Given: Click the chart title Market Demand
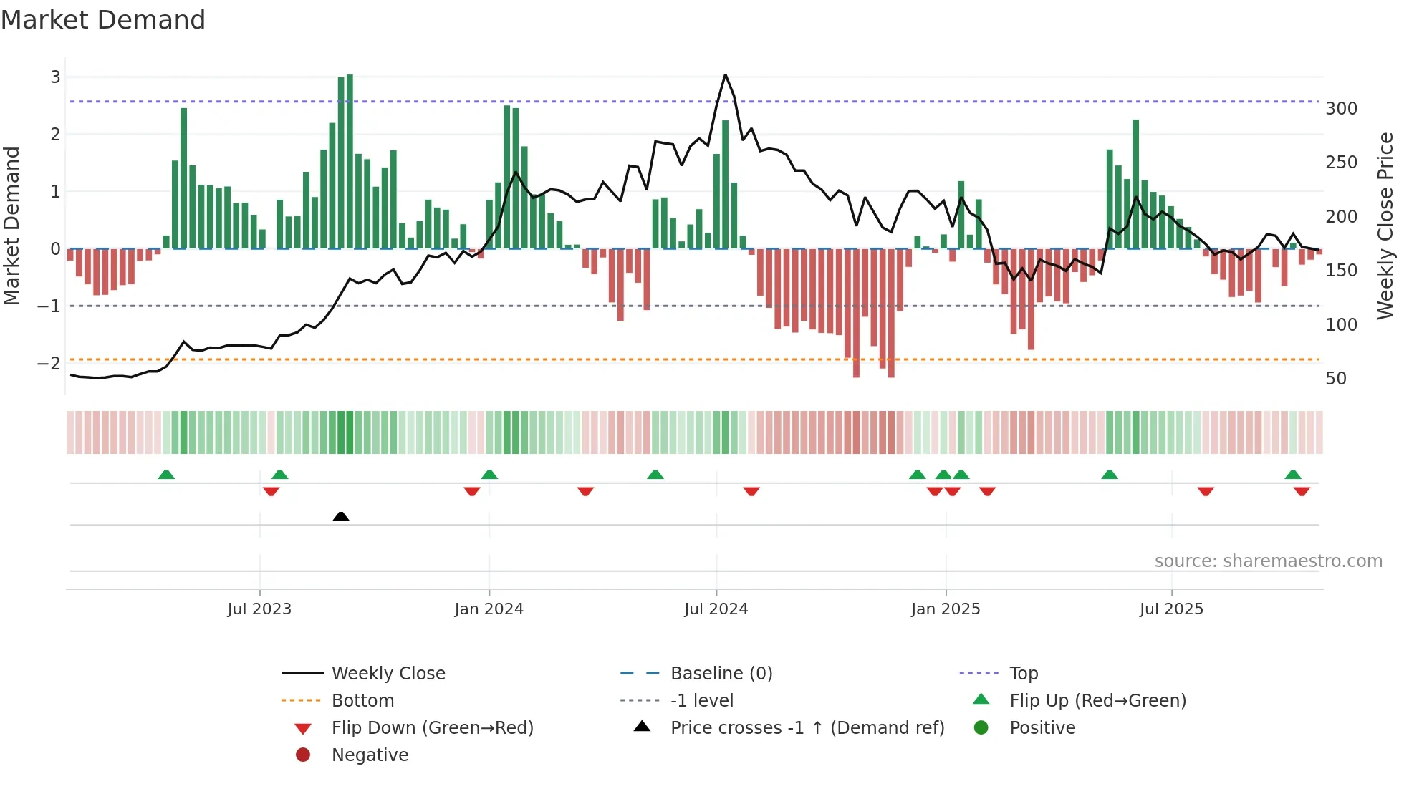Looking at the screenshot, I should [103, 20].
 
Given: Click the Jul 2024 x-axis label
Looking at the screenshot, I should [716, 609].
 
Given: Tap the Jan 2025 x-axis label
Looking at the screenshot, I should [945, 609].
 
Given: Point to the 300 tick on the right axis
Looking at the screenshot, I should [1341, 109].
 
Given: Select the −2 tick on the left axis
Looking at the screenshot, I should [49, 364].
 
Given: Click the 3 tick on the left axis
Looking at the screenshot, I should [55, 77].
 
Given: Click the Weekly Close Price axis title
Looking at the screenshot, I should [1385, 226].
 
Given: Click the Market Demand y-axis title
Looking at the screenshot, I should [12, 226].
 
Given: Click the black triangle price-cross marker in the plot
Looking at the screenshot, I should [341, 516].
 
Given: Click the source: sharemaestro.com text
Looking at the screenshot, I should [1268, 561].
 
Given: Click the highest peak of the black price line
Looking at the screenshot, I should [725, 74].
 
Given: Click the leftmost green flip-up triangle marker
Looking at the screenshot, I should [166, 475].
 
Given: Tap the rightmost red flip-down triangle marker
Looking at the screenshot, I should [1302, 491].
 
